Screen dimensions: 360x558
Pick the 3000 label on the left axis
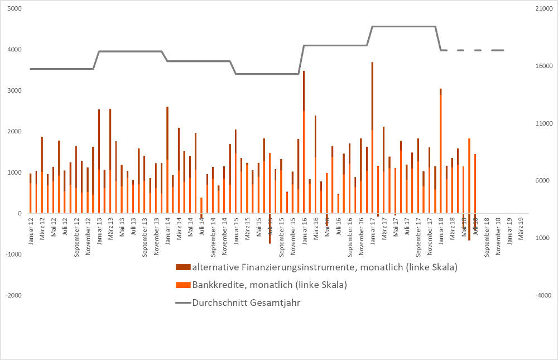pos(15,91)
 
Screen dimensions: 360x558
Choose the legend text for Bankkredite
pos(270,285)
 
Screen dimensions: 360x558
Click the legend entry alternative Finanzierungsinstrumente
pos(324,267)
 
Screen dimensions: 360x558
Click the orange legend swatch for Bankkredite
pos(182,285)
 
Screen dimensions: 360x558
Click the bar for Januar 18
pos(440,151)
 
